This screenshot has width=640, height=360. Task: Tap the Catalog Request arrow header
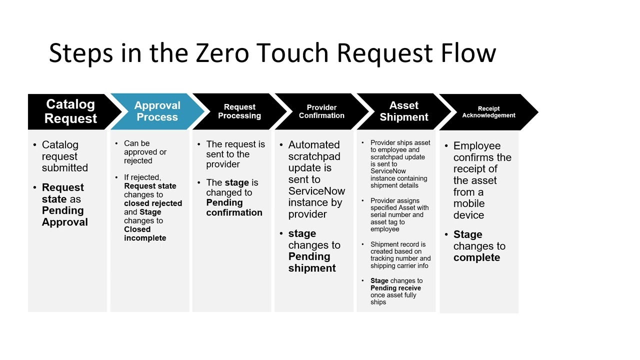[x=70, y=111]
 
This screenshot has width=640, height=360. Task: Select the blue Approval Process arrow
[x=157, y=111]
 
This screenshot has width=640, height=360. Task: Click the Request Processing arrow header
[x=239, y=111]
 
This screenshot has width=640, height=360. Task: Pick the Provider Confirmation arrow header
[x=321, y=111]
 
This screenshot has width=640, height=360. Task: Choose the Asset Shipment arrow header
[x=404, y=111]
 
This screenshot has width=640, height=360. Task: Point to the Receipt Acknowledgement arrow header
[x=488, y=112]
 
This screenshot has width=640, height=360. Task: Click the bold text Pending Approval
[x=64, y=216]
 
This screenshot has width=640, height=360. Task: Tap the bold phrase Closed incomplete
[x=145, y=233]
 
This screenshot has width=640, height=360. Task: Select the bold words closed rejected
[x=153, y=203]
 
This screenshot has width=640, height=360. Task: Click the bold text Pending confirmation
[x=234, y=207]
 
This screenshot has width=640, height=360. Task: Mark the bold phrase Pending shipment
[x=311, y=262]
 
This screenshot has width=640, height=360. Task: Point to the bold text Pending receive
[x=395, y=288]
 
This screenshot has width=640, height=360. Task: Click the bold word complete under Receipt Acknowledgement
[x=476, y=258]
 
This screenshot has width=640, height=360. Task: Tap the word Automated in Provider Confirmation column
[x=314, y=145]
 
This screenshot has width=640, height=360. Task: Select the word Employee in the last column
[x=476, y=146]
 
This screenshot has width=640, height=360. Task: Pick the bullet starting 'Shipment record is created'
[x=400, y=255]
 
